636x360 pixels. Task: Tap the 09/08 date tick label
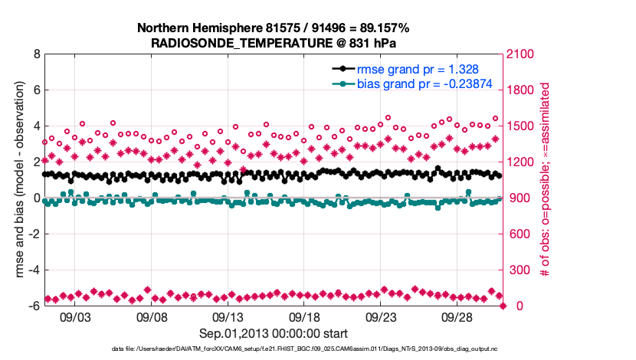tap(152, 316)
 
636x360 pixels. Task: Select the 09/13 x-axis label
tap(228, 316)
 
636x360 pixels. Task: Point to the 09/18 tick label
tap(304, 316)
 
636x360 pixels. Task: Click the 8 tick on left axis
tap(36, 54)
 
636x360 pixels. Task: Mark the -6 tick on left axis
tap(34, 306)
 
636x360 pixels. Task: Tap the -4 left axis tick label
tap(34, 270)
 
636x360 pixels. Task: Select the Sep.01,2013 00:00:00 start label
tap(273, 333)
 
